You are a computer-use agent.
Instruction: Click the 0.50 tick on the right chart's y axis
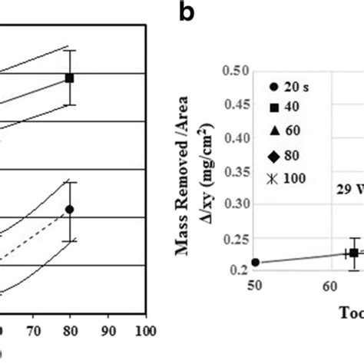pos(234,71)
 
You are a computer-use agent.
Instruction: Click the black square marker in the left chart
pos(69,78)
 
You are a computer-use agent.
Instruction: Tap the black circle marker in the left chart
pos(69,209)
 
